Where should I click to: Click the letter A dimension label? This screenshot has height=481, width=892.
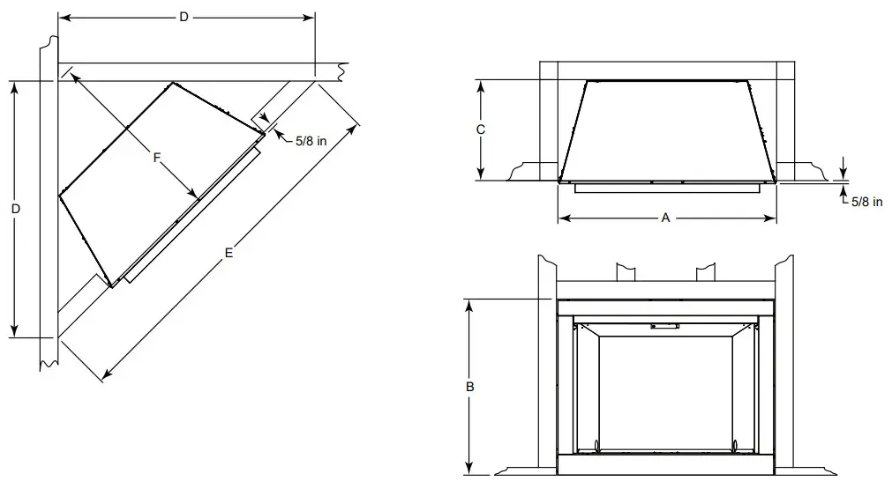click(x=666, y=218)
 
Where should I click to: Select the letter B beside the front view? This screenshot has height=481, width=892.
click(x=470, y=386)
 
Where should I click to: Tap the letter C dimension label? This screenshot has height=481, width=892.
click(x=480, y=129)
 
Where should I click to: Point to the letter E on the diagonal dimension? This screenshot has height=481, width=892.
click(x=229, y=253)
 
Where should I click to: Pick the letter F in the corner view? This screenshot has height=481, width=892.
click(x=156, y=158)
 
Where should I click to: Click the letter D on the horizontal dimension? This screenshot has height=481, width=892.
click(x=184, y=18)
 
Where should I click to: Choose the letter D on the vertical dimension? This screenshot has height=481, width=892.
click(x=16, y=209)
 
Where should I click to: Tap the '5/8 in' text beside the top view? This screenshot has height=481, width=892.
click(x=866, y=202)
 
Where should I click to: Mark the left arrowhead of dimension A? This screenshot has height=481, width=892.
click(x=562, y=218)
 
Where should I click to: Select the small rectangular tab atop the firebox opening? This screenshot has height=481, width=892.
click(x=664, y=326)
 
